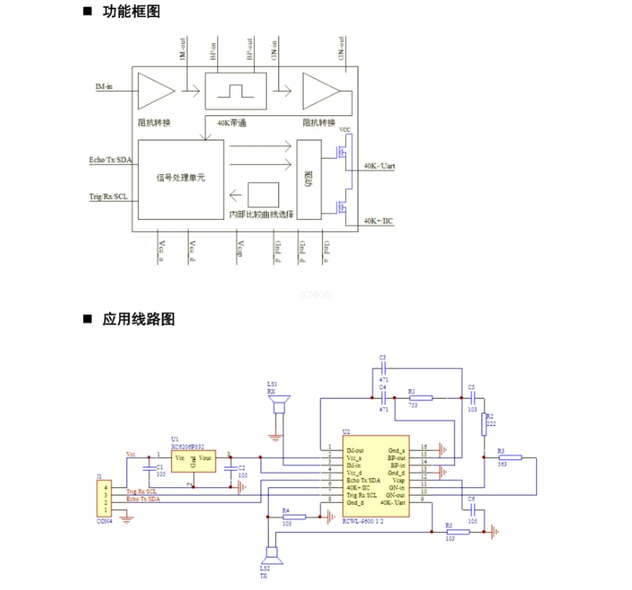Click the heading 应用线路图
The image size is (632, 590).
click(x=138, y=319)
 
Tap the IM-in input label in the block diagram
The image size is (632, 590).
click(x=104, y=86)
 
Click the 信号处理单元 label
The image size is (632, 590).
click(x=180, y=178)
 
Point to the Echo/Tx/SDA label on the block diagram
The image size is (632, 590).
click(x=111, y=161)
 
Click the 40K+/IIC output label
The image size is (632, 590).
click(x=378, y=222)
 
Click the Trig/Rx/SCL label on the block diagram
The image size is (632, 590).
click(x=109, y=196)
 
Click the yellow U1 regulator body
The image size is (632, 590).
click(x=192, y=461)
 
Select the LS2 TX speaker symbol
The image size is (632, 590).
click(x=271, y=556)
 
